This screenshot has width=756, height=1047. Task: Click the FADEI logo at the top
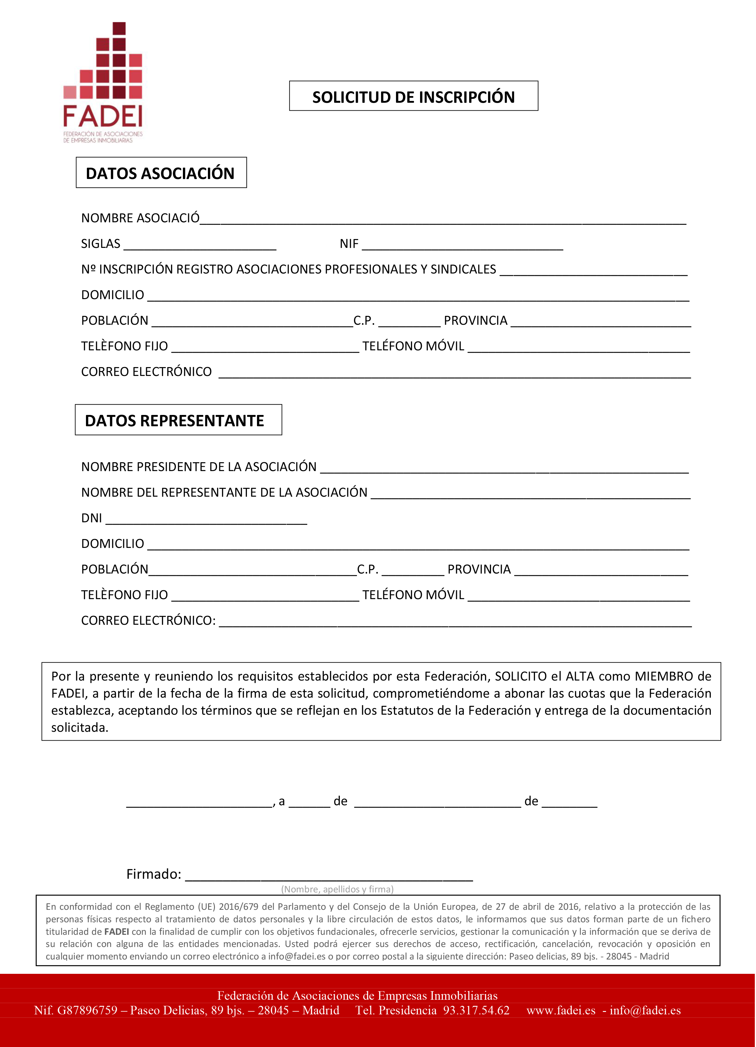point(103,83)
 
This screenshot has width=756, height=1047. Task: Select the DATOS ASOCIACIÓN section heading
point(160,173)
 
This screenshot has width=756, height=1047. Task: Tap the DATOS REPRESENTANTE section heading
point(174,420)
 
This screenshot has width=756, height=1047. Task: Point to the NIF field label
point(349,244)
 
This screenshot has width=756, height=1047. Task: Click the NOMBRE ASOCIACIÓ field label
point(140,218)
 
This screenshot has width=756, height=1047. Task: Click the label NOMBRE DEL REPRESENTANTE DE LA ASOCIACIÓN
point(224,492)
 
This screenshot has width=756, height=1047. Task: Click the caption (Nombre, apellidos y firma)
point(337,889)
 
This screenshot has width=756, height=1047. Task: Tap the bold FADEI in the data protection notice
point(116,931)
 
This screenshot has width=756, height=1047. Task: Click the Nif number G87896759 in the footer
point(87,1010)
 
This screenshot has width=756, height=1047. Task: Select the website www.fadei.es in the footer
point(561,1010)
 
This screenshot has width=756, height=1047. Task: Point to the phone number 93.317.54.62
point(476,1010)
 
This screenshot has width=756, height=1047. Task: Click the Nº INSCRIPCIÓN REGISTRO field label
point(288,269)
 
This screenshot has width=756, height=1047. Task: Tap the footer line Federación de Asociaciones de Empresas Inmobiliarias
point(357,995)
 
